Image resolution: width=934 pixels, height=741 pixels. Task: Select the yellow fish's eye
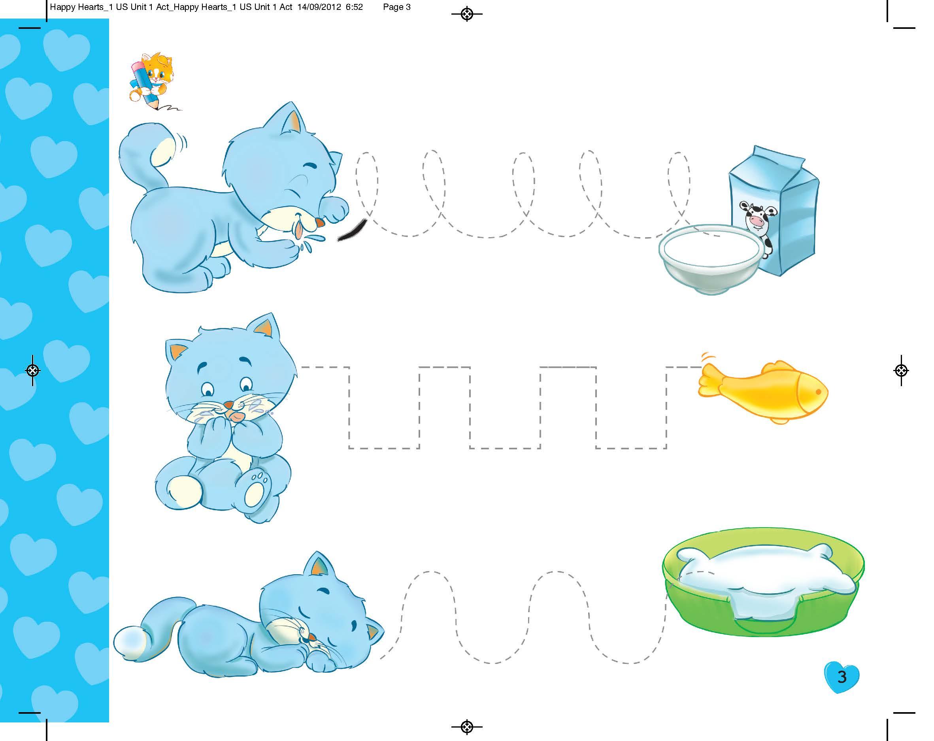[818, 392]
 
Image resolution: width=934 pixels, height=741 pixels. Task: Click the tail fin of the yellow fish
[710, 380]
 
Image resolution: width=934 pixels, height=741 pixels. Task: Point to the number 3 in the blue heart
[842, 677]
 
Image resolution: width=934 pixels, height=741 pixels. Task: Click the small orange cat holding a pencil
[152, 81]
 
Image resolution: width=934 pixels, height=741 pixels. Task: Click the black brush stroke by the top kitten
[352, 230]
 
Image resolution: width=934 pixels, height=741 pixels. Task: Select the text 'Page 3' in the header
[397, 7]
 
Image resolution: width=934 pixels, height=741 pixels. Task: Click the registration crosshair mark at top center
[466, 14]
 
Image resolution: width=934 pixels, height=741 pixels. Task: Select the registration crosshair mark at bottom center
[466, 727]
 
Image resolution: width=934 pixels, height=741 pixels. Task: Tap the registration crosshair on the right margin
[901, 370]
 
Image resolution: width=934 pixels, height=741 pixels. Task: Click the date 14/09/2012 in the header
[320, 7]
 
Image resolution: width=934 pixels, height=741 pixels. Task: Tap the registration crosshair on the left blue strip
[33, 370]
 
